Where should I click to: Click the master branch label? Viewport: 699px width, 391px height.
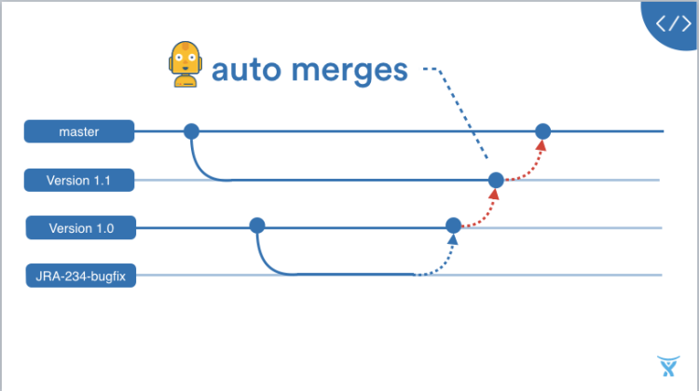coord(79,132)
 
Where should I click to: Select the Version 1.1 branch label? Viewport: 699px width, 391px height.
coord(79,180)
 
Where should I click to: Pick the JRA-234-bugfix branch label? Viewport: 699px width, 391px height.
coord(80,275)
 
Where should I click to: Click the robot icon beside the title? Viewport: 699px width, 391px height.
coord(185,64)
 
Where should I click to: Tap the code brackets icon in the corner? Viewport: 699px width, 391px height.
coord(674,22)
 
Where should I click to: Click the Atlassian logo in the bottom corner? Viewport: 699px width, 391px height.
coord(667,366)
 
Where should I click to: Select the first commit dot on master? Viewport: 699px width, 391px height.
coord(191,131)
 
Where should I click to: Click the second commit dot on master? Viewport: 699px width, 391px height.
coord(542,131)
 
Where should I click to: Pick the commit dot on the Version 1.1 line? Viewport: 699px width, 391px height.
coord(496,180)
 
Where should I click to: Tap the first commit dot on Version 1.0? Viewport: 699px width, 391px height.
coord(257,225)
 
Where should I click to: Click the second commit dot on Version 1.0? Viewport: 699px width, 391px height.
coord(453,225)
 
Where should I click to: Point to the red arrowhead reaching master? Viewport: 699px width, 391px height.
coord(541,145)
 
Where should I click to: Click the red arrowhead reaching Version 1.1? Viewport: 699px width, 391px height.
coord(494,194)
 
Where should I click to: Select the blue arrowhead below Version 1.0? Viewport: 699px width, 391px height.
coord(452,239)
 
